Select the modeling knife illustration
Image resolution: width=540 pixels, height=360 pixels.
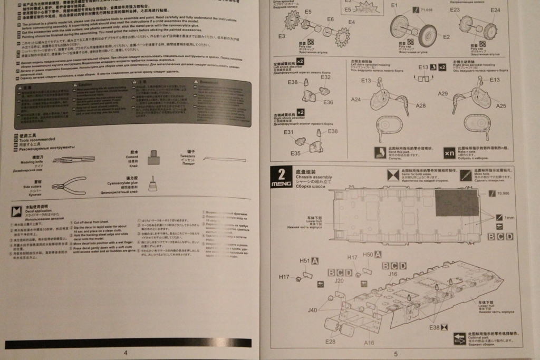[x=74, y=159]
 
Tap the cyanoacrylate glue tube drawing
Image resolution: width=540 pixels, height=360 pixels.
[x=152, y=183]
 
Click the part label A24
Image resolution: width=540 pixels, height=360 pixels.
[x=356, y=100]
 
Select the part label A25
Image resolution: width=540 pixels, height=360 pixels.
[x=501, y=105]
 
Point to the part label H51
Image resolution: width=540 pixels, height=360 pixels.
[x=305, y=261]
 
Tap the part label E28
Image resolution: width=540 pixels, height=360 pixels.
[x=330, y=342]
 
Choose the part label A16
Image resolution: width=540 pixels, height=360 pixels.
[x=370, y=343]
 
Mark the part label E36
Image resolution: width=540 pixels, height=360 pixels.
[x=328, y=102]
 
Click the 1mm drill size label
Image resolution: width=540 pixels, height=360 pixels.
[x=508, y=218]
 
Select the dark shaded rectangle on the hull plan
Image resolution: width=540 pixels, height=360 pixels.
[x=457, y=203]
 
